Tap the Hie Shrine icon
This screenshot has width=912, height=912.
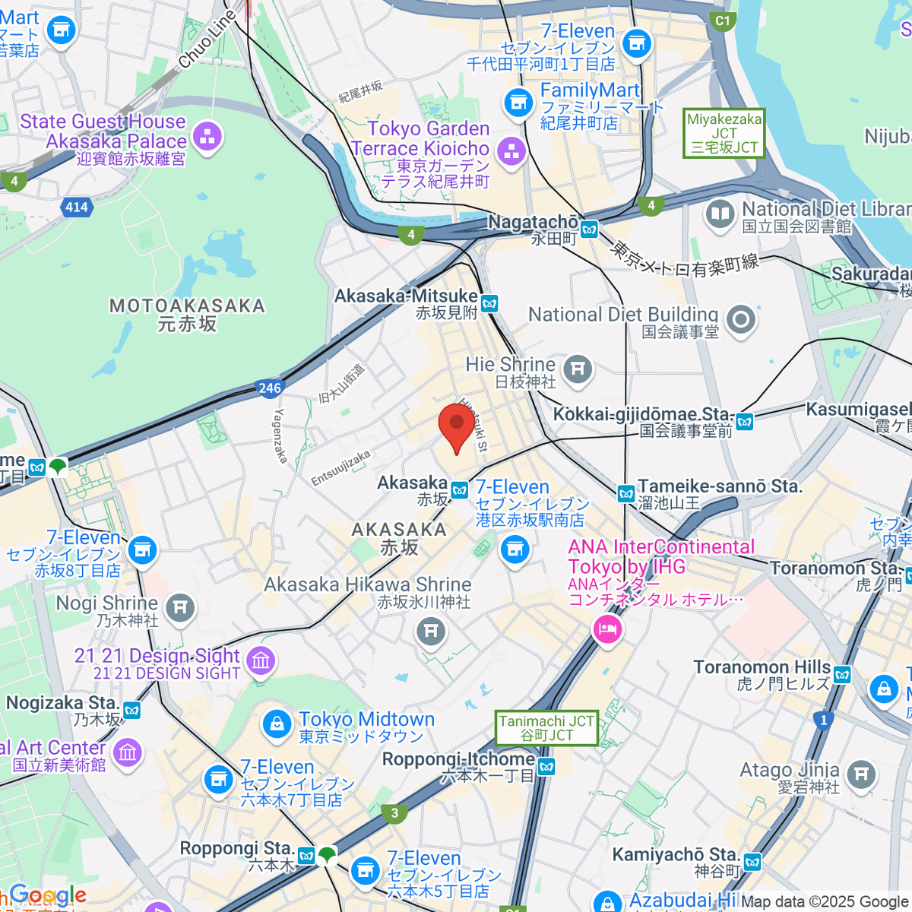(578, 369)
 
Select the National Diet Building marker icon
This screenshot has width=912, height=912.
(740, 320)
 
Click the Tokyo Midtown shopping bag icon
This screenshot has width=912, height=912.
(277, 724)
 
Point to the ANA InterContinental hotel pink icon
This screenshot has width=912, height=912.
(607, 629)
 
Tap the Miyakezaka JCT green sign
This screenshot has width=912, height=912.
(724, 133)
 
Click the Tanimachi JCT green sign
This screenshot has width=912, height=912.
(546, 727)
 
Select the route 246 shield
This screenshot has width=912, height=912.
(270, 388)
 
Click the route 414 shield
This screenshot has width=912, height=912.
(77, 207)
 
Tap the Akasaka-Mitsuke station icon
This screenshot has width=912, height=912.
(489, 304)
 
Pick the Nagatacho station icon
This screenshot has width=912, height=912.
(589, 228)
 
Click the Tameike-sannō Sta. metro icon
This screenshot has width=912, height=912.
(625, 494)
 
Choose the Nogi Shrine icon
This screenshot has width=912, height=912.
(180, 608)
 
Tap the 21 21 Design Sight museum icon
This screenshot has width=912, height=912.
(261, 660)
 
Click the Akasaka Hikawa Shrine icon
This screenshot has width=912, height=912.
(431, 630)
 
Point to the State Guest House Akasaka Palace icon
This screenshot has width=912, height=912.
(207, 138)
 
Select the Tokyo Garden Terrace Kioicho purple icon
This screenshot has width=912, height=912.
(511, 150)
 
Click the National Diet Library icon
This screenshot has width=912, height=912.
(720, 214)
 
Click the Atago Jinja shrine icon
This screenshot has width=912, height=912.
(860, 774)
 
